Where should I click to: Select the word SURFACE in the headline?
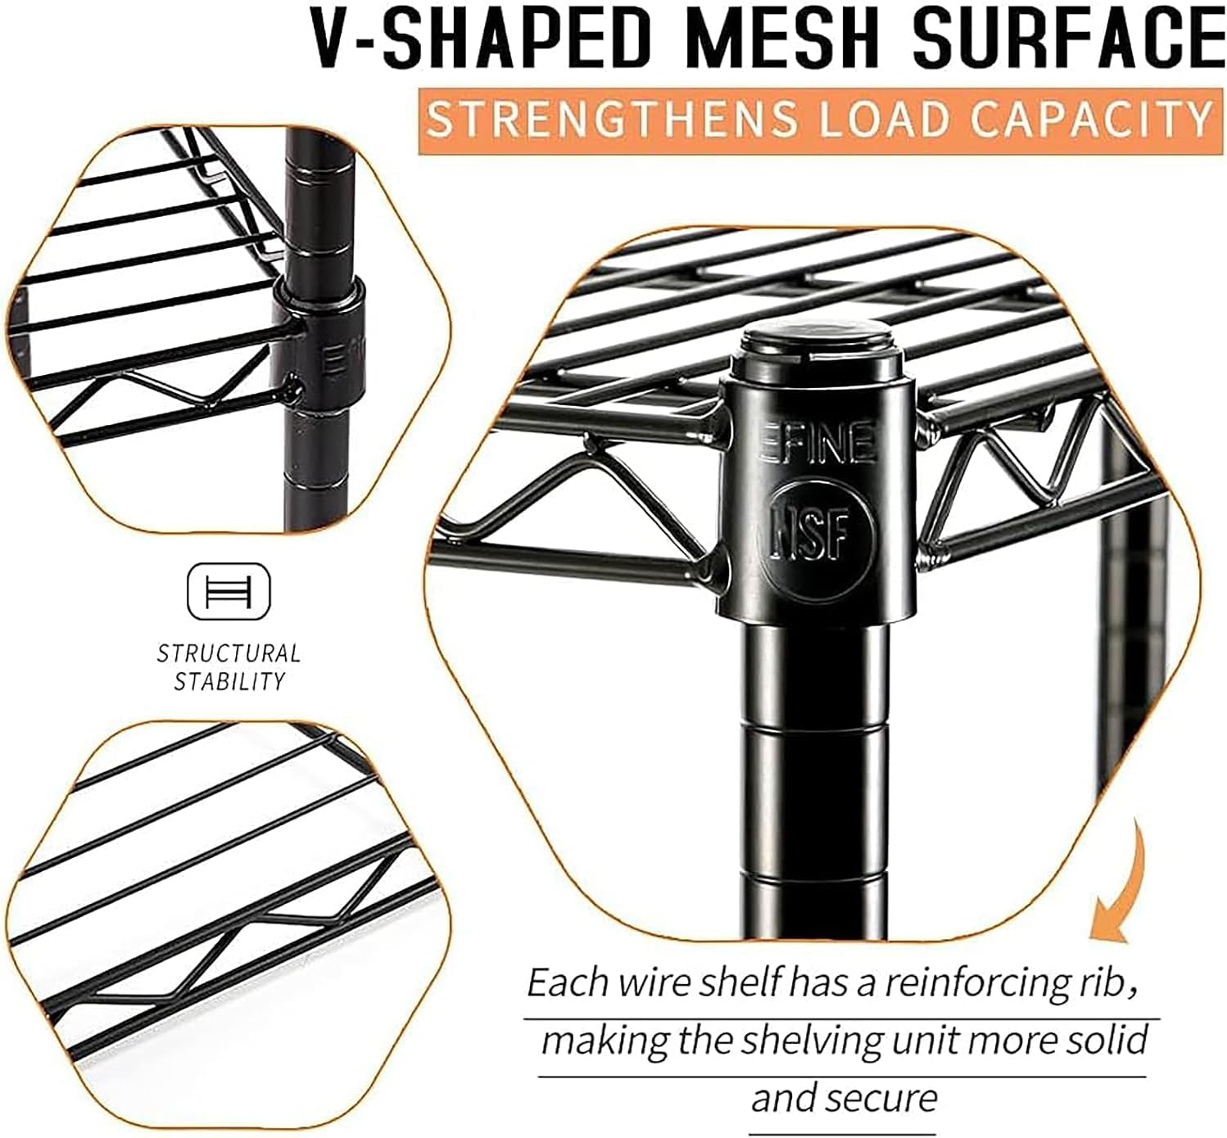1068,38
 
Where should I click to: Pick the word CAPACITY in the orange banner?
1090,119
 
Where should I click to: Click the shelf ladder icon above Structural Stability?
229,591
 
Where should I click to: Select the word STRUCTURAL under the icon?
229,653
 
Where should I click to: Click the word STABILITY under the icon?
229,681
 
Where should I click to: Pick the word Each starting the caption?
565,981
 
